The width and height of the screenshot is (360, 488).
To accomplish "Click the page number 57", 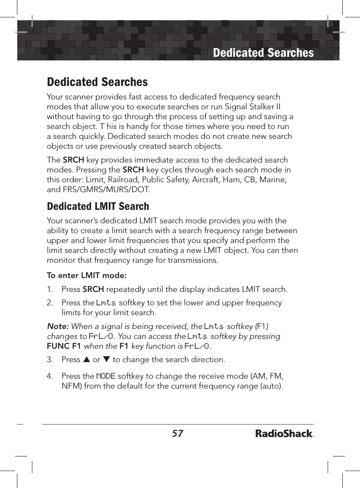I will pyautogui.click(x=177, y=434).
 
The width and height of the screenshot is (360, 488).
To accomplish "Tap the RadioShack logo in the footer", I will pyautogui.click(x=284, y=434).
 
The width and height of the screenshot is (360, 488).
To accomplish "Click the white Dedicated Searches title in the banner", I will pyautogui.click(x=263, y=53).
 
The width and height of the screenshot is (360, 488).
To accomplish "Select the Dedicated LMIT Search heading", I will pyautogui.click(x=98, y=206).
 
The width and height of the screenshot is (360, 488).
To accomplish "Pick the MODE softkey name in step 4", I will pyautogui.click(x=106, y=376).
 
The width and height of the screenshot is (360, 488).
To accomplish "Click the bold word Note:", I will pyautogui.click(x=58, y=326).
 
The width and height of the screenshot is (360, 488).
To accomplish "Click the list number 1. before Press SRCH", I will pyautogui.click(x=50, y=290).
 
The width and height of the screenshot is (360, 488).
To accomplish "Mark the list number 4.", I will pyautogui.click(x=50, y=376).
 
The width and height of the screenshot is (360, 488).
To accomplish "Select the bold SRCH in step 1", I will pyautogui.click(x=93, y=290).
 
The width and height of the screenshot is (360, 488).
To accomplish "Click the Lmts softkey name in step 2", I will pyautogui.click(x=106, y=303).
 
